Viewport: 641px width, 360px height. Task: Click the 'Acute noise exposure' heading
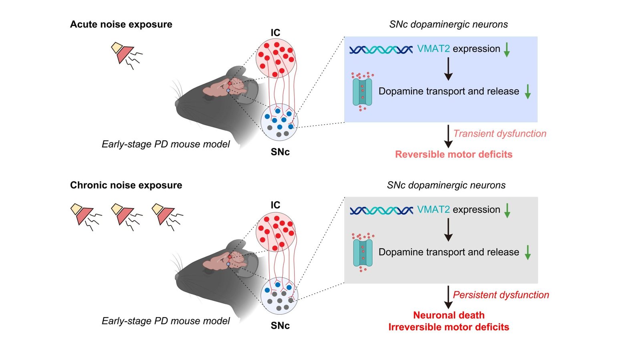pos(121,24)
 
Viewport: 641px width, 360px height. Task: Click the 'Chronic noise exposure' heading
pos(126,185)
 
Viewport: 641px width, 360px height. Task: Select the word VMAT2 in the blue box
pos(433,49)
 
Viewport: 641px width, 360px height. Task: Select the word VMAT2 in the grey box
pos(433,209)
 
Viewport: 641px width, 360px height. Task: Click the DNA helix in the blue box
pos(381,50)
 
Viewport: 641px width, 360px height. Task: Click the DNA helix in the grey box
pos(381,210)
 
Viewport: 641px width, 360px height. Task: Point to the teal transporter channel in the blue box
pos(362,92)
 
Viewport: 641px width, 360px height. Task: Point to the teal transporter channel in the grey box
pos(363,253)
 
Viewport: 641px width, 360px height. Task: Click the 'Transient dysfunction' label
pos(500,134)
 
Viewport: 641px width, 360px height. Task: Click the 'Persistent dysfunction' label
pos(501,295)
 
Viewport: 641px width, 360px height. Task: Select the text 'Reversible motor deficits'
pos(454,155)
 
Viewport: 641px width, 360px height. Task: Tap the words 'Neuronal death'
pos(449,315)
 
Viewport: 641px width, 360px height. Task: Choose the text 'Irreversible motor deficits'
pos(449,327)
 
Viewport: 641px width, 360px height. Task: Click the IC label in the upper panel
pos(275,33)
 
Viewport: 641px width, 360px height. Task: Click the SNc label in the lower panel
pos(280,326)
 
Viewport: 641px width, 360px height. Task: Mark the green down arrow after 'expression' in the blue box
pos(507,50)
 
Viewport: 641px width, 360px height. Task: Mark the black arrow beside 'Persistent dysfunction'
pos(448,297)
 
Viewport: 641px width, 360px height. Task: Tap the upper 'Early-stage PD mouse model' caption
pos(165,144)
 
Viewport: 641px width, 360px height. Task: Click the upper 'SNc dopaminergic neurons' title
pos(448,24)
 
